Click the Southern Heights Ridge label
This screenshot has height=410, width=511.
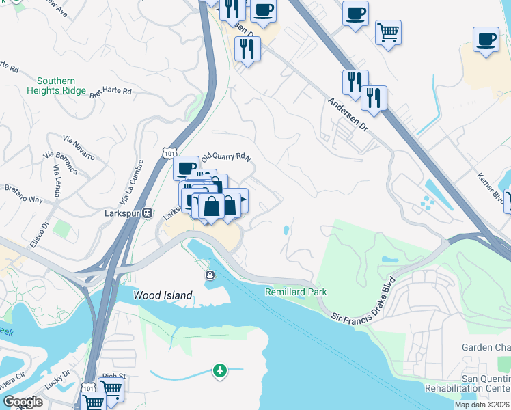[57, 85]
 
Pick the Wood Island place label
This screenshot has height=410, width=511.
[163, 296]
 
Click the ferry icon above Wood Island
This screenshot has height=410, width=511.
[209, 275]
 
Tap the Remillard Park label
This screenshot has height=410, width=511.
[296, 292]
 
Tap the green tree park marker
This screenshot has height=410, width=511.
[219, 370]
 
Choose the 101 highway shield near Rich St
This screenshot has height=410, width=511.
[87, 387]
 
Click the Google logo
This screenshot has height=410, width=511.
[23, 402]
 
